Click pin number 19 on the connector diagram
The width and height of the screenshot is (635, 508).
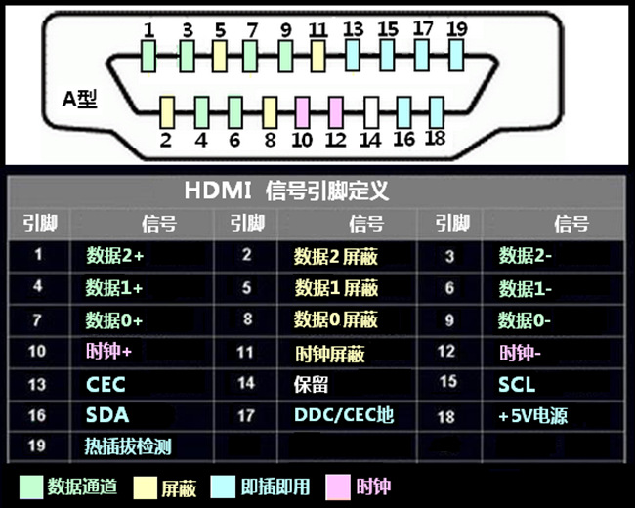(456, 28)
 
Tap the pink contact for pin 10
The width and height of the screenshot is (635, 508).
(303, 111)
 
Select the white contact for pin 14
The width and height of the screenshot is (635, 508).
(370, 111)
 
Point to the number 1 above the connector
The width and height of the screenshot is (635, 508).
(148, 29)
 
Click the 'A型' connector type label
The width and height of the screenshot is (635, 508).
(79, 100)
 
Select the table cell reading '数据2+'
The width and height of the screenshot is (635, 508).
(114, 256)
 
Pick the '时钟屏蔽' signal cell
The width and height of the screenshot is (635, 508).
(329, 353)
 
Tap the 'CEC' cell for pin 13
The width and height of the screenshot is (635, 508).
(106, 384)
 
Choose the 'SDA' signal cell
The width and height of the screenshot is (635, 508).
(106, 415)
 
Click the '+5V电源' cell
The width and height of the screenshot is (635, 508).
(532, 416)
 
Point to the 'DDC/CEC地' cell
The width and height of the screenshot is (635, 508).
(343, 415)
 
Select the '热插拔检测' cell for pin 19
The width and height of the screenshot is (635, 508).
(128, 446)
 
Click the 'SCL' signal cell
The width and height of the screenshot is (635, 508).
(517, 384)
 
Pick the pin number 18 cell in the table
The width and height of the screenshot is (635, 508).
(446, 416)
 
